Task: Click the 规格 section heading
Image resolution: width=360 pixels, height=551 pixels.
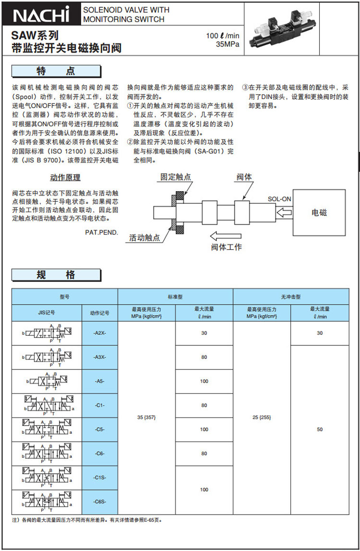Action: [56, 275]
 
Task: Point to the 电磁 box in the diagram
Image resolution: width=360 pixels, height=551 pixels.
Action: [320, 212]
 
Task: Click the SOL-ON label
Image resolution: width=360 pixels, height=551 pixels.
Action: [279, 198]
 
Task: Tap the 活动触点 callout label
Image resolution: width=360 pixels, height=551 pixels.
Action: [144, 238]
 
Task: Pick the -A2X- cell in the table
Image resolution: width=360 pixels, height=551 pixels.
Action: [100, 333]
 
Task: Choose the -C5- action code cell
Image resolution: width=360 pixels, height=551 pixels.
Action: [100, 429]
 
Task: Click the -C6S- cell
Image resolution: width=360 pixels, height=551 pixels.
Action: [100, 502]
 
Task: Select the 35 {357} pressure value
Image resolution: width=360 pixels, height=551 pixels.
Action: [146, 417]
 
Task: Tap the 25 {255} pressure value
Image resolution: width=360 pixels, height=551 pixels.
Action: [262, 417]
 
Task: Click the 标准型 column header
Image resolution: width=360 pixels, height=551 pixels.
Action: [175, 297]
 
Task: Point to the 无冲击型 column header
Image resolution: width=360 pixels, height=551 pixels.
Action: [290, 297]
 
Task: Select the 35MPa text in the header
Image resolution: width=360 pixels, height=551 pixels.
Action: [228, 44]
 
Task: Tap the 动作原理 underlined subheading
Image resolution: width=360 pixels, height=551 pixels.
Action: [65, 178]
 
